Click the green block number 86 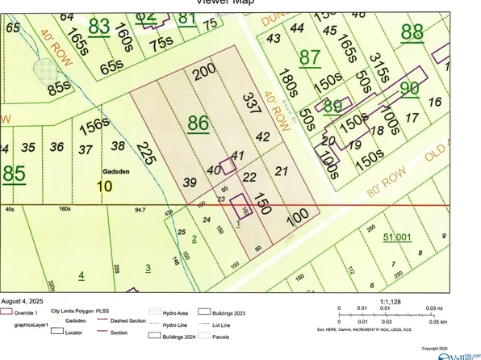pyautogui.click(x=198, y=123)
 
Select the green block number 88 pyautogui.click(x=411, y=32)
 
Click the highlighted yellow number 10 pyautogui.click(x=105, y=186)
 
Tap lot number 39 pyautogui.click(x=190, y=182)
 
